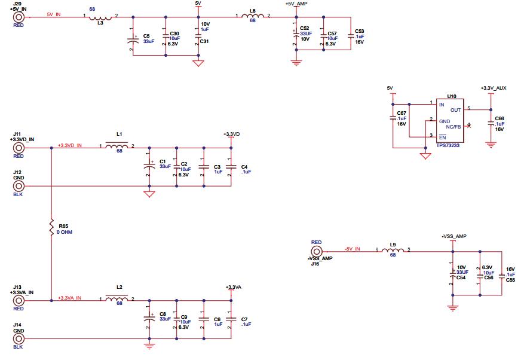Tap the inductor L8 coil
click(253, 17)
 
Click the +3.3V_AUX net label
click(493, 88)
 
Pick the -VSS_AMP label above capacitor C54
click(454, 236)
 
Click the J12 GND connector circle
click(19, 186)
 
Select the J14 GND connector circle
click(19, 338)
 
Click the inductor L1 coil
click(117, 147)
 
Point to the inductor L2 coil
click(117, 298)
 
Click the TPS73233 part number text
click(449, 145)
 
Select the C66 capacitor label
click(500, 119)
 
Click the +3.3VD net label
click(231, 134)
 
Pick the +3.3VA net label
click(233, 287)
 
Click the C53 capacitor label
click(359, 30)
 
